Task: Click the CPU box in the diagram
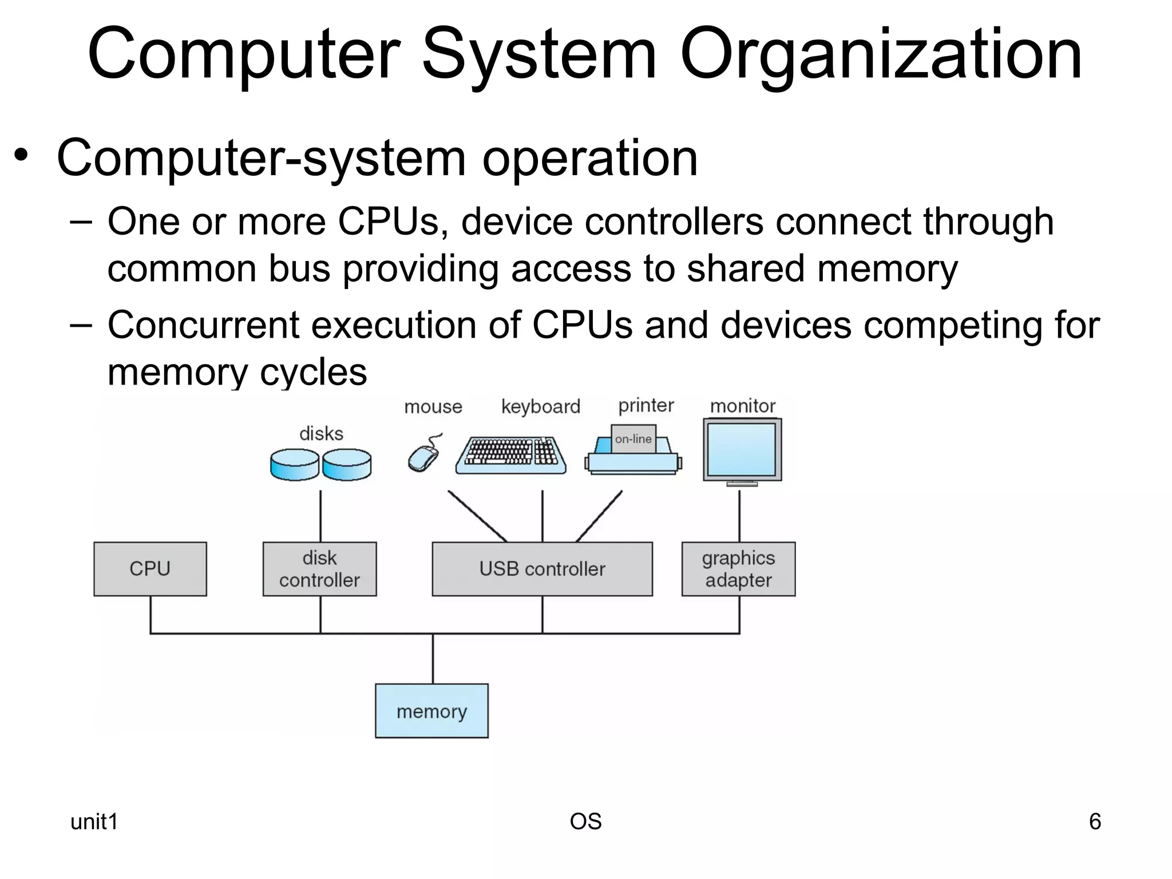[150, 569]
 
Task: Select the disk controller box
[319, 569]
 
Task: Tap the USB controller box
[542, 569]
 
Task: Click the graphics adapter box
[738, 569]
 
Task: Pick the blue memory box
[431, 711]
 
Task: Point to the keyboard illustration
[511, 456]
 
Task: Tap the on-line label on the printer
[633, 439]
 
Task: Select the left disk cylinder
[294, 464]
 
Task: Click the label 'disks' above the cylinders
[321, 434]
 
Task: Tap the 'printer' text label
[646, 406]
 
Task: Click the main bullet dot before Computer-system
[21, 156]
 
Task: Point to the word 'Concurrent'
[203, 325]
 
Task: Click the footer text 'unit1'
[94, 822]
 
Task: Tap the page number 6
[1095, 822]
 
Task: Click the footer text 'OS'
[585, 822]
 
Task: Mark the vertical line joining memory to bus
[433, 658]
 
